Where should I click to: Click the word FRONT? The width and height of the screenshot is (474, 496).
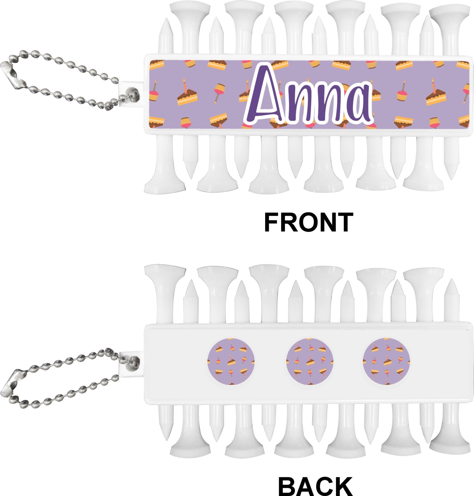(x=308, y=223)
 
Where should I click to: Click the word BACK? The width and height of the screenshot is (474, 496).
(x=315, y=486)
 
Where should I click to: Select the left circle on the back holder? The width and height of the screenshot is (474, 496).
(x=231, y=361)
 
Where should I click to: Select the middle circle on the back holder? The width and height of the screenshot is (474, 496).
(x=309, y=361)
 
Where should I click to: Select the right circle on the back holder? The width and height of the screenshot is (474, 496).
(x=386, y=361)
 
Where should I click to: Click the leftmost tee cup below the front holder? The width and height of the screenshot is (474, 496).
(x=165, y=184)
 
